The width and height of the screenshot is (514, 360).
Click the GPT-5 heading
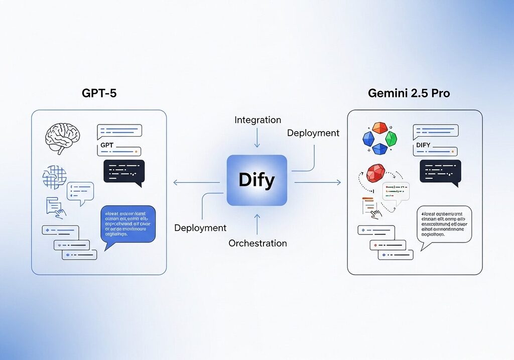coord(99,93)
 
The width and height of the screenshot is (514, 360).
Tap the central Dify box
coord(256,180)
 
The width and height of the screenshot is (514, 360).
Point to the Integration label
coord(258,120)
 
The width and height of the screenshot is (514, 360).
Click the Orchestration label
coord(258,244)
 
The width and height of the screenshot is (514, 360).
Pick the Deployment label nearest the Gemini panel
coord(313,133)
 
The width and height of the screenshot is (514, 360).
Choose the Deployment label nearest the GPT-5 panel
coord(200,228)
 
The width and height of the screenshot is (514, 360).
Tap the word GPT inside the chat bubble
coord(108,145)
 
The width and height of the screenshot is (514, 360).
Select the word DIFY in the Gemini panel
coord(424,145)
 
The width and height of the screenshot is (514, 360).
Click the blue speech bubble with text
coord(127,224)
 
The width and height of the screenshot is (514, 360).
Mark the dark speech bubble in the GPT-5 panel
coord(124,172)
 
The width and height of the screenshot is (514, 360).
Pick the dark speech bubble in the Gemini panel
coord(440,172)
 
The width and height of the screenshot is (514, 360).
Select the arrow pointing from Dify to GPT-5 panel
coord(196,182)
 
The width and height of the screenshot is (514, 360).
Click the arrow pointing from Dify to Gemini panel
coord(317,182)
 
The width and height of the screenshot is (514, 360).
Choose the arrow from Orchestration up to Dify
coord(257,224)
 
